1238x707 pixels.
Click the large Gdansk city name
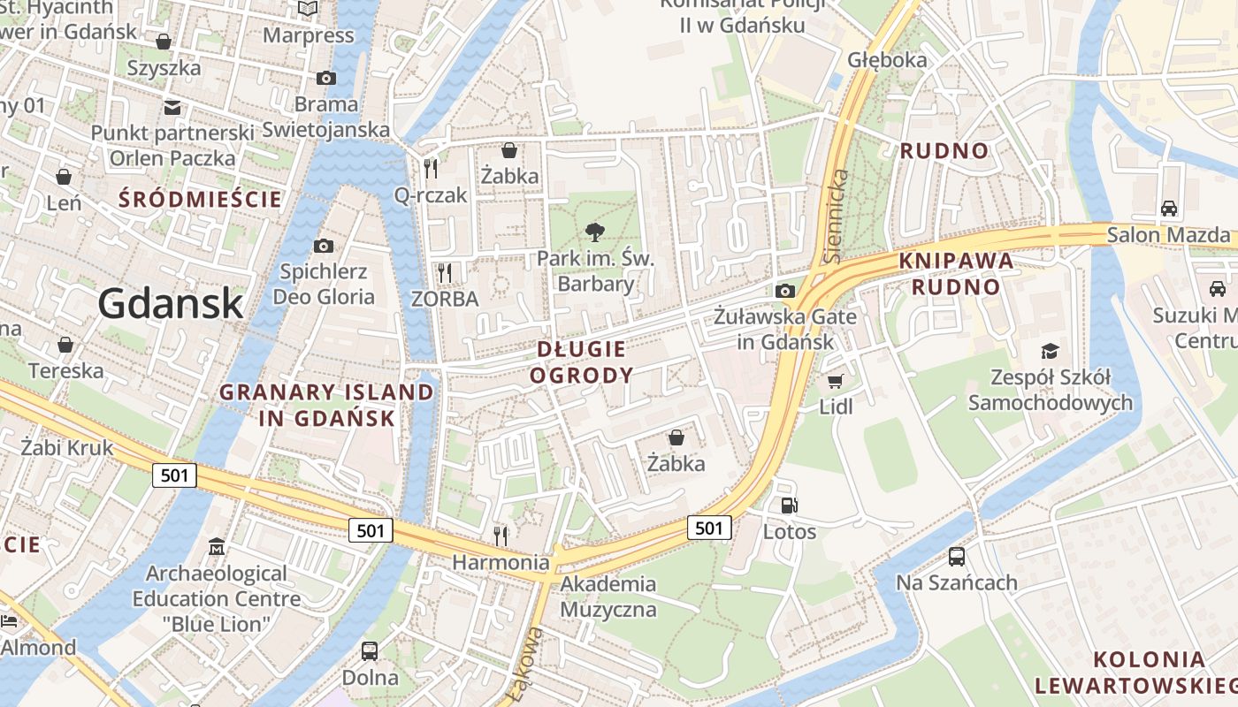click(170, 303)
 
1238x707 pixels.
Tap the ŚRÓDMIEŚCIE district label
click(201, 199)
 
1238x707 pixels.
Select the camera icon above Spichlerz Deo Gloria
click(324, 246)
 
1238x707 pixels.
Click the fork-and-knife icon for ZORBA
click(445, 272)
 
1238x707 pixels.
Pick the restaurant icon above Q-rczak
click(431, 168)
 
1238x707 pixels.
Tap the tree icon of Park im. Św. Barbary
click(595, 232)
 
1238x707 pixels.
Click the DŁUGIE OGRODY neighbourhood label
click(582, 361)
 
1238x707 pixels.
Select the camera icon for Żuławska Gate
click(784, 291)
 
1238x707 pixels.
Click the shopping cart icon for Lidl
click(835, 381)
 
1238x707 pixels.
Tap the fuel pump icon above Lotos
click(789, 505)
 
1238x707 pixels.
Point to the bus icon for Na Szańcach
click(957, 556)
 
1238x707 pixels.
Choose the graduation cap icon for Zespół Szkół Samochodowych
click(1050, 351)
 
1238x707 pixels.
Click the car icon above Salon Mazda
click(1169, 209)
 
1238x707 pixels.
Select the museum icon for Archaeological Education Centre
click(217, 547)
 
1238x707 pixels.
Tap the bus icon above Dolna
click(370, 651)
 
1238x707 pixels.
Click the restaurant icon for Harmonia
click(501, 535)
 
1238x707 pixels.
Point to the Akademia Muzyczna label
click(608, 597)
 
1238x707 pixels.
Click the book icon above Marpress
click(308, 9)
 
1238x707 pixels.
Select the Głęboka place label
click(887, 60)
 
